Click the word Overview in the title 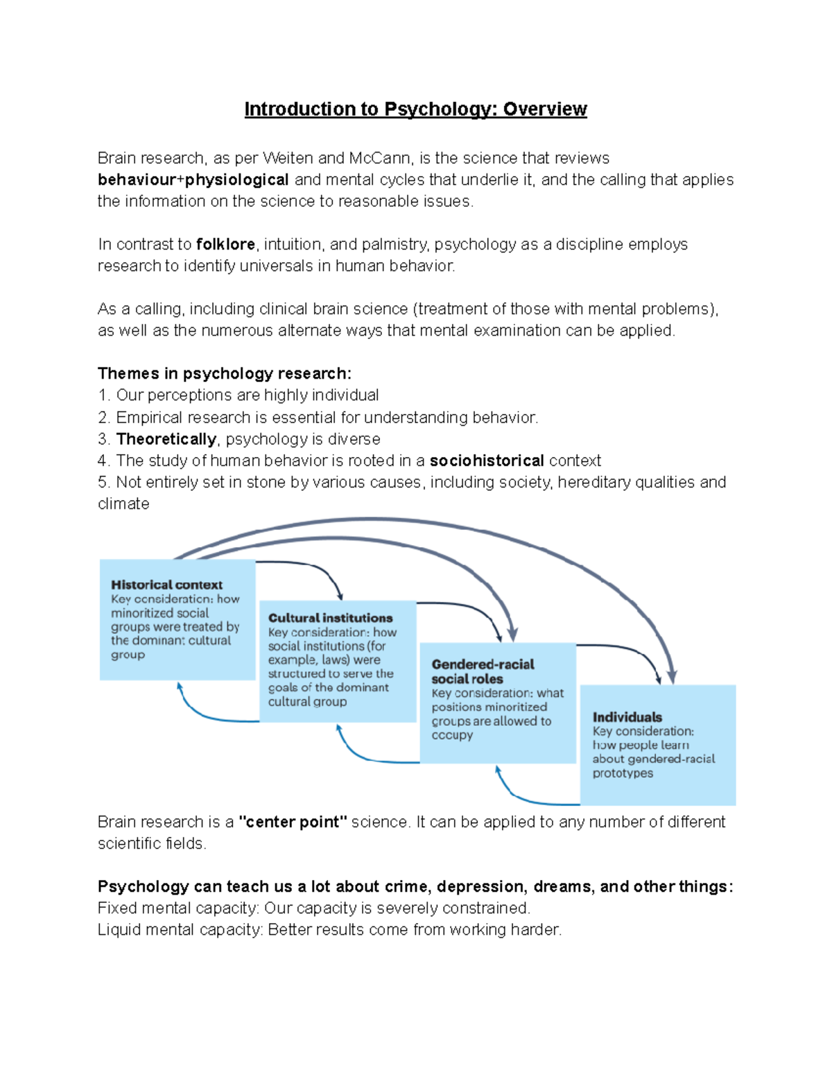click(545, 110)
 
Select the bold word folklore click(225, 244)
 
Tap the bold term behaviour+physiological click(193, 180)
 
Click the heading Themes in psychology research click(224, 373)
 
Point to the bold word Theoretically click(166, 439)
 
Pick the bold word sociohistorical click(487, 460)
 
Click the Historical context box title click(166, 585)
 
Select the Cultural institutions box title click(330, 618)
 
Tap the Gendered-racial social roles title click(483, 671)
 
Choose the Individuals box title click(627, 717)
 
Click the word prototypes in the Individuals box click(622, 773)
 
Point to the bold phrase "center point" click(293, 822)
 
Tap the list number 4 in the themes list click(103, 460)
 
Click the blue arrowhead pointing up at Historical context click(180, 687)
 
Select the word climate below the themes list click(123, 503)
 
